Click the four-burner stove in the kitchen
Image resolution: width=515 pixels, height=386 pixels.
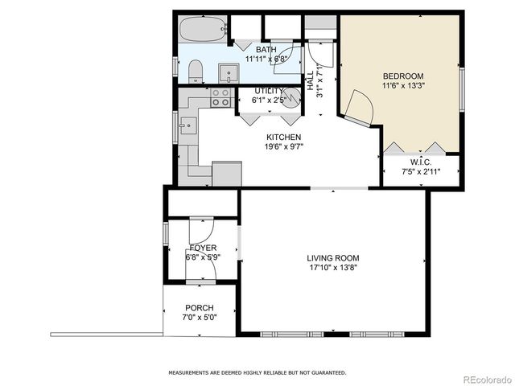click(220, 98)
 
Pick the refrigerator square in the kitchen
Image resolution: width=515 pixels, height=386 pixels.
click(226, 174)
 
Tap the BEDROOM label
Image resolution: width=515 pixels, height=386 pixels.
click(402, 76)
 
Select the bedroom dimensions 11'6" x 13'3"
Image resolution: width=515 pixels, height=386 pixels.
click(402, 87)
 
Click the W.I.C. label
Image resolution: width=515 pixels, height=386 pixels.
click(421, 162)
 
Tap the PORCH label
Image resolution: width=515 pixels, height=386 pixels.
click(200, 308)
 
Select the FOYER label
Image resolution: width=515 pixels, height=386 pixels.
click(202, 248)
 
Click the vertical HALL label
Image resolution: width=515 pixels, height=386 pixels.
click(311, 81)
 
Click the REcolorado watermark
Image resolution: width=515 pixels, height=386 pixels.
click(485, 379)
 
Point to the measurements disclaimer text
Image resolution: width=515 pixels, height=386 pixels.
click(257, 373)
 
